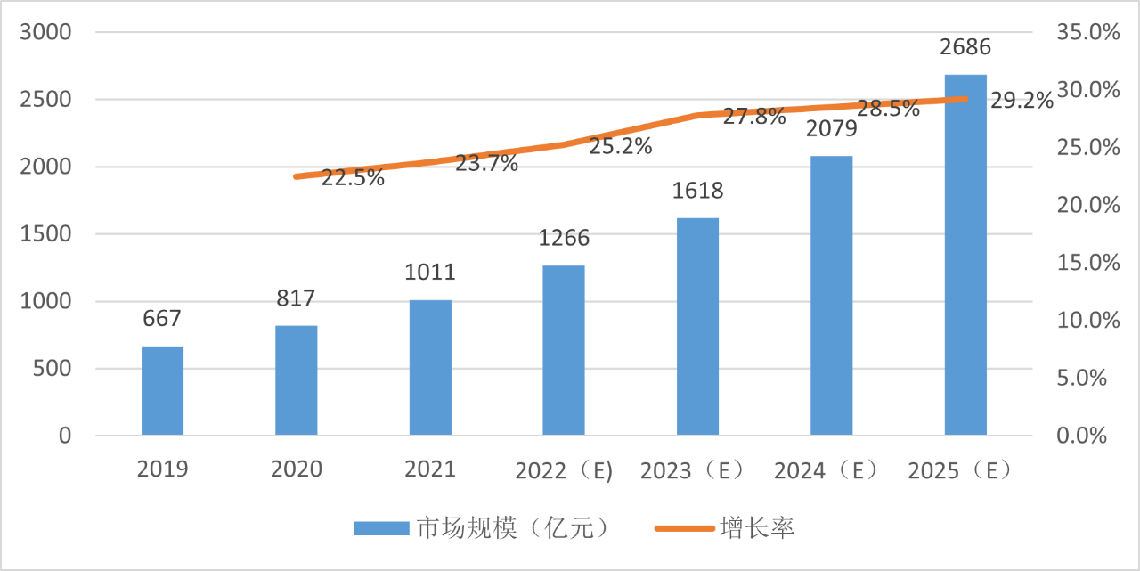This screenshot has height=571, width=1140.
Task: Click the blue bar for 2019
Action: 162,390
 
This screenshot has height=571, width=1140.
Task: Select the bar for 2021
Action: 430,367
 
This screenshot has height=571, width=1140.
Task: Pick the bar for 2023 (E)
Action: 697,326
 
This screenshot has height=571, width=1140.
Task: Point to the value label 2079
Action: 832,130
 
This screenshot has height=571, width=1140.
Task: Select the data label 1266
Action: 564,239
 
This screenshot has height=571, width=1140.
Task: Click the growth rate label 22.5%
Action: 353,178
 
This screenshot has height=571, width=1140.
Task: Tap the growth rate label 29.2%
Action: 1022,102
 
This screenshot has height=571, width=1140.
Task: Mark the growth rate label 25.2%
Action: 621,146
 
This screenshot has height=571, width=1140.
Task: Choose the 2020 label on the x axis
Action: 297,469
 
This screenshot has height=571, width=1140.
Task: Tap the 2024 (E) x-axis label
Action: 826,469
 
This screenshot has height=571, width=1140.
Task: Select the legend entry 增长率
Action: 756,528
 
